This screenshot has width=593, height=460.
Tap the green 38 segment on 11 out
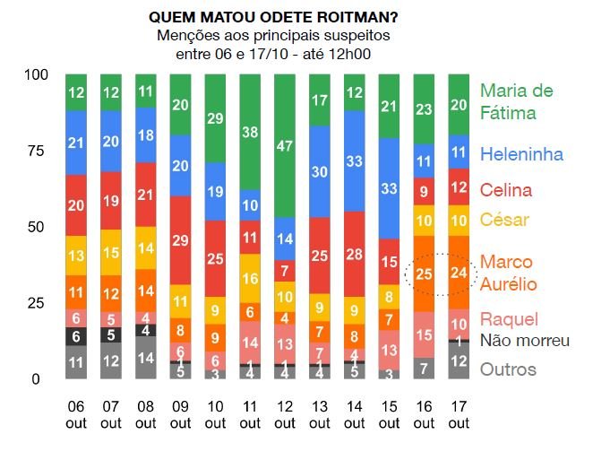[250, 132]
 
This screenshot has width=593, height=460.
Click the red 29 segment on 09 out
[181, 241]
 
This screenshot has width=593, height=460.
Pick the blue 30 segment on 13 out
[320, 172]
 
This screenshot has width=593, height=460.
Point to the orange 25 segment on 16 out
[425, 273]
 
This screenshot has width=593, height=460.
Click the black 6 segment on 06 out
[76, 336]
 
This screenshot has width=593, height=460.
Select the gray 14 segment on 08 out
[146, 357]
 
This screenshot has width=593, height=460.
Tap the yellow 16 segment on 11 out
[250, 280]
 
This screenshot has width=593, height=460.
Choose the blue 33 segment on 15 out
[390, 188]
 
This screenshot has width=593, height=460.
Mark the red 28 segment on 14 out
[355, 254]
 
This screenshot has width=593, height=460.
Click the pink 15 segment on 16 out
[425, 334]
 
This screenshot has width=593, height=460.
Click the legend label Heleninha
[521, 154]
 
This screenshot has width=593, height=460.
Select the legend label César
[504, 220]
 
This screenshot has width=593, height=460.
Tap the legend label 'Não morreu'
[525, 340]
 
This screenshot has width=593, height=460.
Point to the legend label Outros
[508, 369]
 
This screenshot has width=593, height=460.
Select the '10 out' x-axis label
[215, 414]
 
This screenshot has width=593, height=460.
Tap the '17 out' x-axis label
[459, 414]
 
